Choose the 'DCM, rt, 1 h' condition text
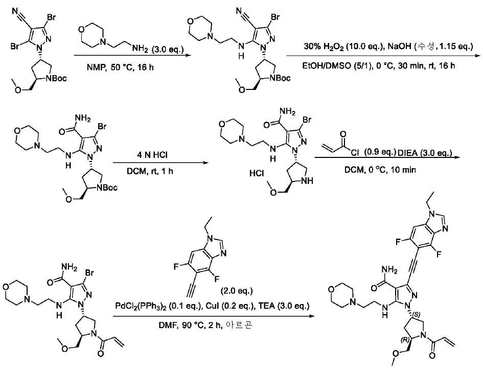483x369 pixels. (150, 171)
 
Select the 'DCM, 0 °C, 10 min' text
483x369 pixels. (380, 170)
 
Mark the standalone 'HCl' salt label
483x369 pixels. (257, 174)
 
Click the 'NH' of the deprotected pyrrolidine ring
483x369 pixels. (307, 181)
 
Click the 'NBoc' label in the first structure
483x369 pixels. (56, 79)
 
